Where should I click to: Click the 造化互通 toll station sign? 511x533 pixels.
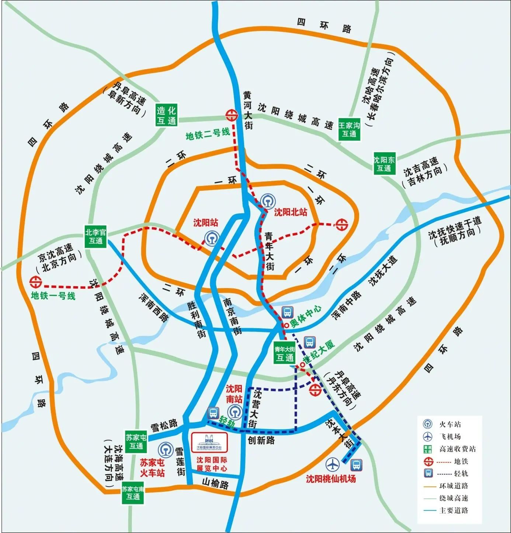point(166,115)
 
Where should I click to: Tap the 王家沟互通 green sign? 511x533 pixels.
point(349,130)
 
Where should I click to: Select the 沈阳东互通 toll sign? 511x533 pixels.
point(384,164)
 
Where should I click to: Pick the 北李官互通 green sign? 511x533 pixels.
point(95,236)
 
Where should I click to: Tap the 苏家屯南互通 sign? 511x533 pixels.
point(133,493)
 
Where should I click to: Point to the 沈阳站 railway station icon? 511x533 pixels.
point(212,238)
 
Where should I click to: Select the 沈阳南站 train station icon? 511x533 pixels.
point(235,412)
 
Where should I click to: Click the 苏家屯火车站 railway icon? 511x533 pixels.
point(166,450)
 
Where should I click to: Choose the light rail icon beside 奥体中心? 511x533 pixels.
point(287,312)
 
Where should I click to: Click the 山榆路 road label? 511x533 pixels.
point(215,483)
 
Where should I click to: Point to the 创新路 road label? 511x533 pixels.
point(261,440)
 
